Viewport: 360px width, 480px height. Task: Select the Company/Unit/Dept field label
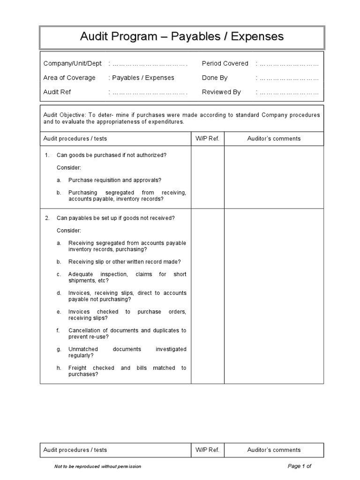tap(73, 63)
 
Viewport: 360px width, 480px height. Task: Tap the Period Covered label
tap(225, 63)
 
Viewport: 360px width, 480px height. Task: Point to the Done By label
tap(215, 78)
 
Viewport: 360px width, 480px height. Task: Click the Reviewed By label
tap(221, 92)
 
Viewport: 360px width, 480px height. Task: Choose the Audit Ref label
tap(57, 92)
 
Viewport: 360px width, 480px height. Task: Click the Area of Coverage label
tap(69, 78)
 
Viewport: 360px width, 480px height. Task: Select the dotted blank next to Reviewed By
tap(289, 92)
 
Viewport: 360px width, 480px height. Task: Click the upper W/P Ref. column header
tap(207, 139)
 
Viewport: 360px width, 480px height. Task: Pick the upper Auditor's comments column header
tap(274, 139)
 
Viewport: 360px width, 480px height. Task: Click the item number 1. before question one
tap(47, 155)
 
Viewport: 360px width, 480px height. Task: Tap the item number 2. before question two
tap(47, 218)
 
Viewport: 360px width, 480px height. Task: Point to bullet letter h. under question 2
tap(59, 368)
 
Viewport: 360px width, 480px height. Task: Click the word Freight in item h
tap(78, 368)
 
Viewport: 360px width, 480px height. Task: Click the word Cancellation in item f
tap(84, 330)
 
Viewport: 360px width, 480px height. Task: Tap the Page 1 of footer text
tap(300, 466)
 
